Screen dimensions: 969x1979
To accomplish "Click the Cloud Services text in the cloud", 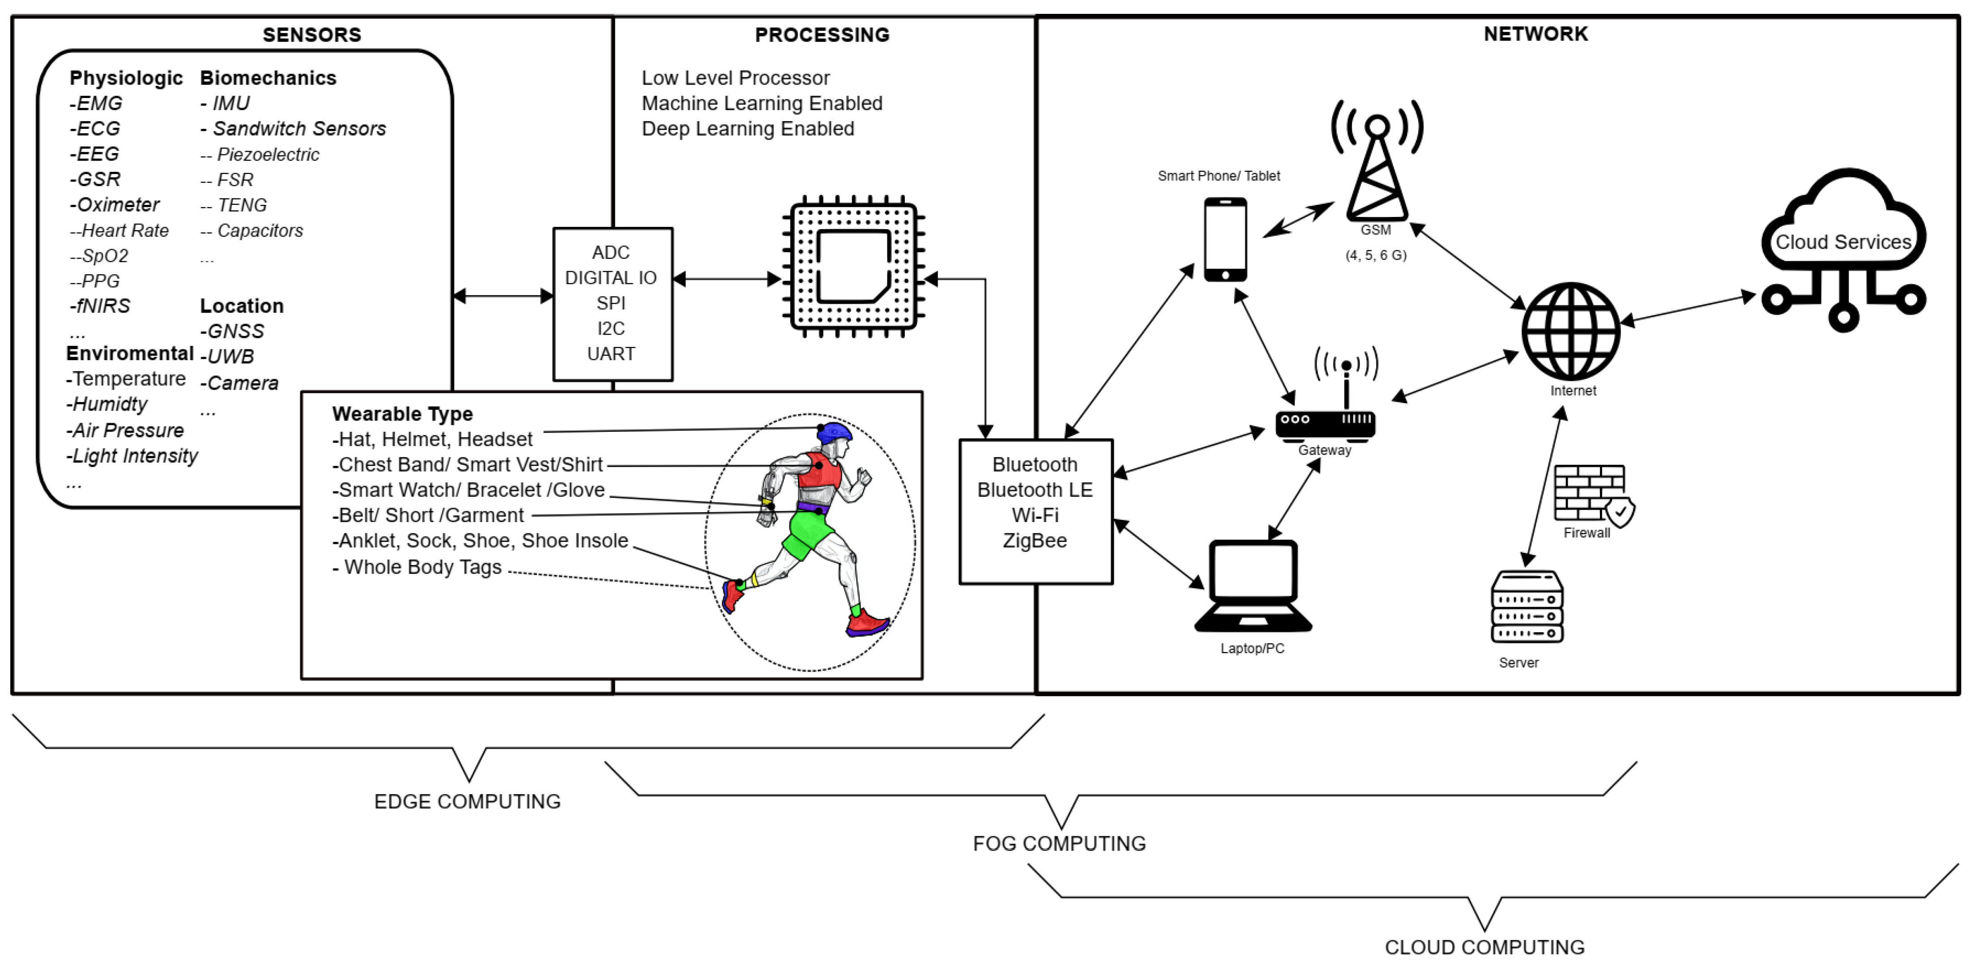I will (1842, 242).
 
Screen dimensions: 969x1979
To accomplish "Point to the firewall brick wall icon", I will (1590, 494).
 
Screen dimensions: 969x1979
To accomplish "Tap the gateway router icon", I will (1325, 422).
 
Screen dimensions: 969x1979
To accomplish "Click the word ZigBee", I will (1035, 540).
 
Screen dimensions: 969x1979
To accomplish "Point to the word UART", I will (611, 354).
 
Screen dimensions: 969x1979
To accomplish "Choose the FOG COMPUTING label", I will (1058, 844).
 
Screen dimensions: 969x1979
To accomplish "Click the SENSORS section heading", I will (312, 34).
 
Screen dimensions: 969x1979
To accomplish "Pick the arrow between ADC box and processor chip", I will (727, 279).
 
